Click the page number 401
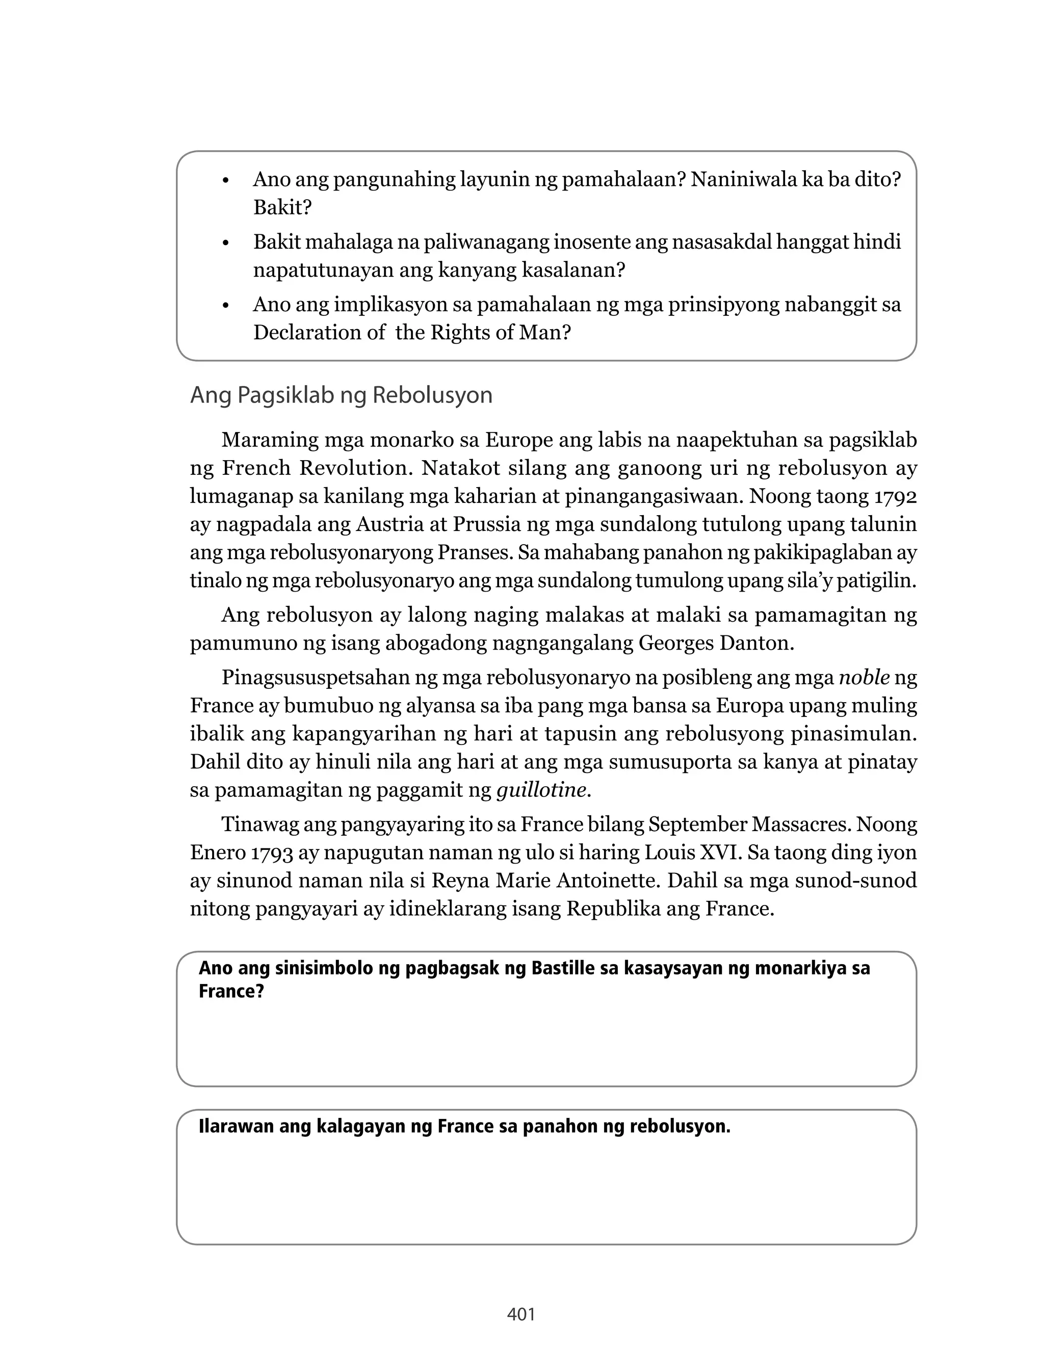pyautogui.click(x=521, y=1314)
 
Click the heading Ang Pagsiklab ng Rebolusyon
pyautogui.click(x=341, y=395)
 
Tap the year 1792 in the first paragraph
pyautogui.click(x=896, y=496)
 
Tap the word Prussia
pyautogui.click(x=487, y=525)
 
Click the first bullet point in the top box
pyautogui.click(x=226, y=181)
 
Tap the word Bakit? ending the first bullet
pyautogui.click(x=282, y=207)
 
